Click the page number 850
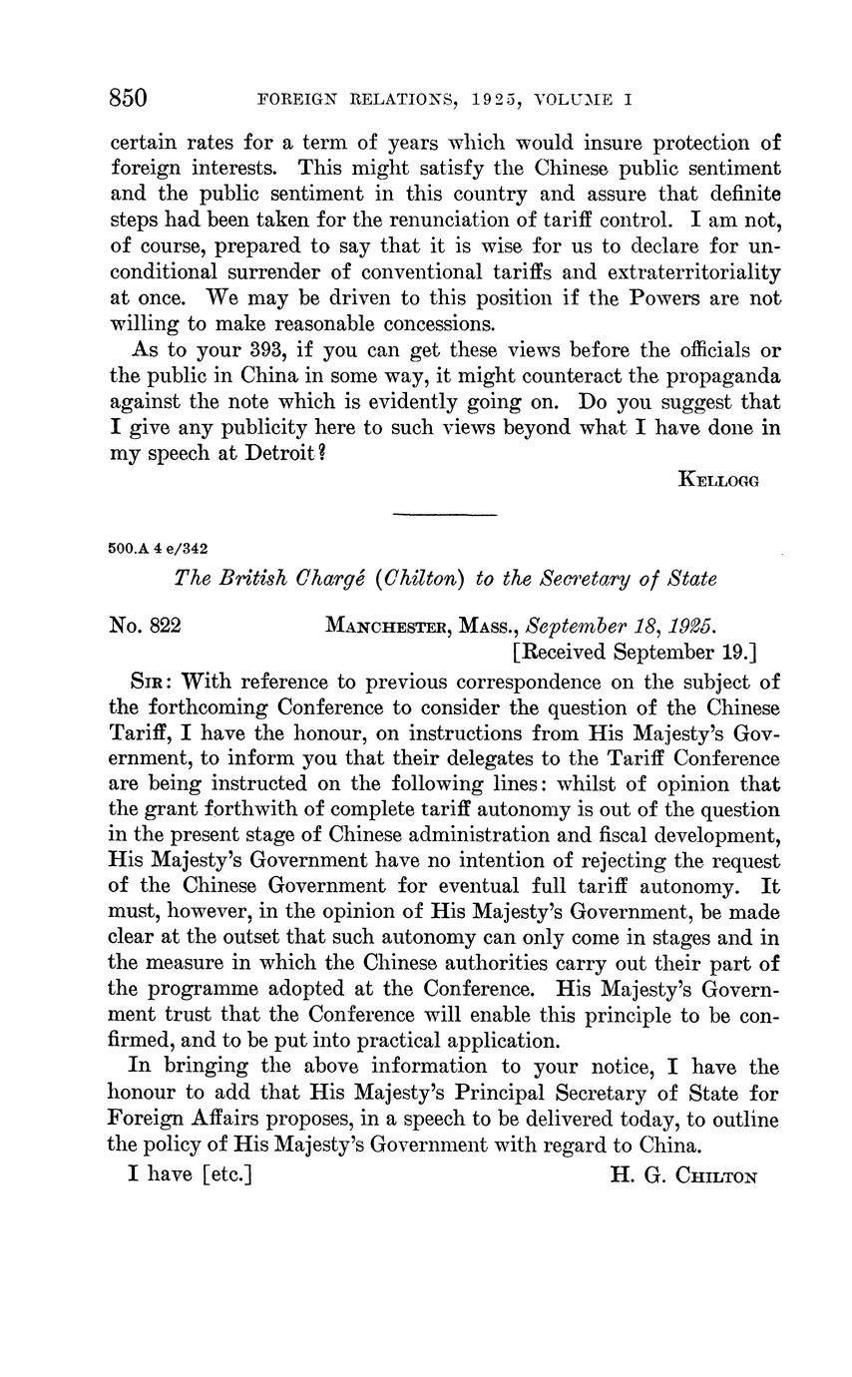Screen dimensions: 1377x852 pos(129,98)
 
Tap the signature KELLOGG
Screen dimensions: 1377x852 pos(718,480)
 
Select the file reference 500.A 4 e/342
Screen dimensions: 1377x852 pos(159,548)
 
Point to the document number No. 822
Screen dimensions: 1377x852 pos(145,627)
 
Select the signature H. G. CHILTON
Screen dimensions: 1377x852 pos(683,1175)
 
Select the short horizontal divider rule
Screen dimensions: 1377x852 pos(445,515)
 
